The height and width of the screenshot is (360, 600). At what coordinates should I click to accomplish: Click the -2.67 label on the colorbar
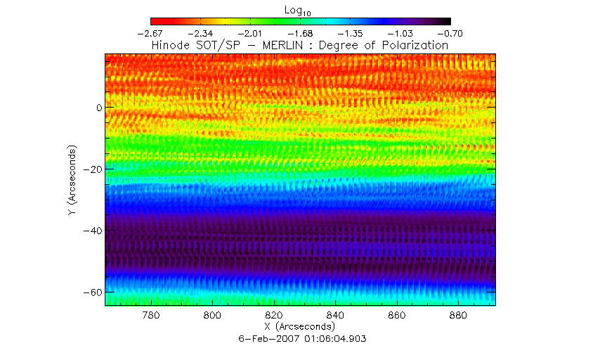[152, 33]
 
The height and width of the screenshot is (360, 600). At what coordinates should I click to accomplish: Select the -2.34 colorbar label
[201, 33]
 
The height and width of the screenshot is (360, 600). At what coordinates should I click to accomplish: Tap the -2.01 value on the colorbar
[251, 33]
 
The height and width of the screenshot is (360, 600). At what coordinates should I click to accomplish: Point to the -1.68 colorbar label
[301, 33]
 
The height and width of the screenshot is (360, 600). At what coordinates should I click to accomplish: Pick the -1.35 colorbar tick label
[351, 33]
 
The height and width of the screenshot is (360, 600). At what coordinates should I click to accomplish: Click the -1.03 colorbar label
[400, 33]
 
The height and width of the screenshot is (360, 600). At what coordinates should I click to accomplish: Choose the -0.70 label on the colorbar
[450, 33]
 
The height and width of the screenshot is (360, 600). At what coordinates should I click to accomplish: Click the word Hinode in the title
[171, 46]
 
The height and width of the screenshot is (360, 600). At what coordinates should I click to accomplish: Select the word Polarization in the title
[416, 46]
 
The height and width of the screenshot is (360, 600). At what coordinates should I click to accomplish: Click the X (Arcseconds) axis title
[300, 327]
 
